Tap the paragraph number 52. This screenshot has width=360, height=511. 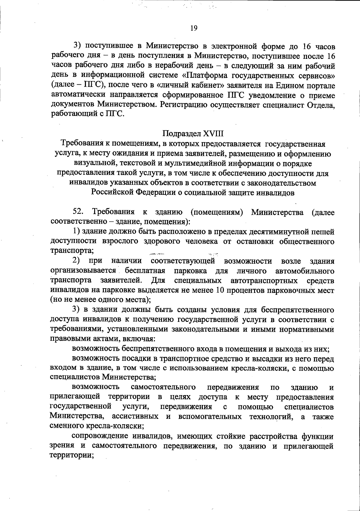coord(78,212)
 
